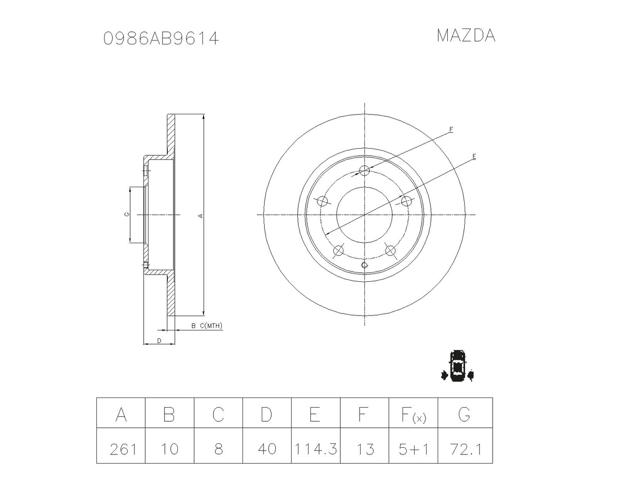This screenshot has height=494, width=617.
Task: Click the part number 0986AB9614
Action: pyautogui.click(x=161, y=38)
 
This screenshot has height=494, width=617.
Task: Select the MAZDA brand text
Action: pyautogui.click(x=466, y=36)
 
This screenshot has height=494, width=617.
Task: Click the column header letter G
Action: pyautogui.click(x=464, y=414)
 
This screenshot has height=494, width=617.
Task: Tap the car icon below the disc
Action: pyautogui.click(x=457, y=366)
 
